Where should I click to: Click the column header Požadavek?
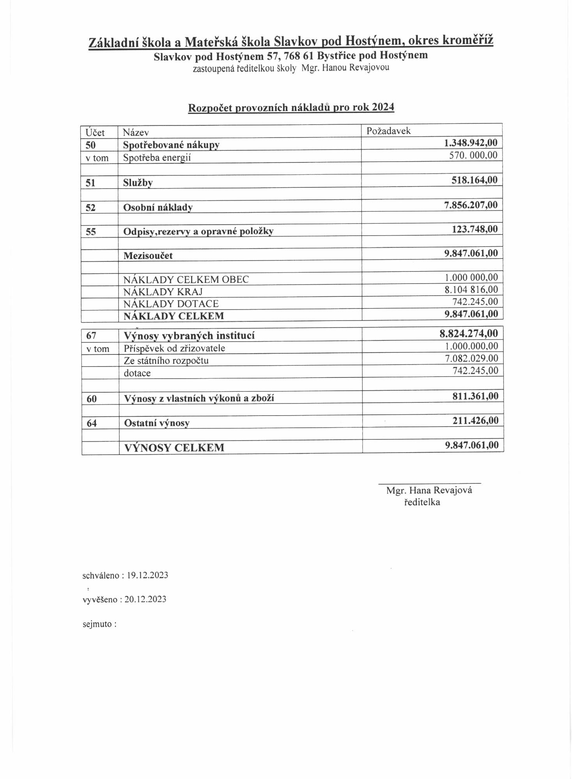pyautogui.click(x=388, y=131)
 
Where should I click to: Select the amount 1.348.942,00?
pyautogui.click(x=471, y=143)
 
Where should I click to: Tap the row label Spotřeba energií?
pyautogui.click(x=157, y=158)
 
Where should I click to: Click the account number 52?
pyautogui.click(x=90, y=207)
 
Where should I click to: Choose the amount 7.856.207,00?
pyautogui.click(x=471, y=205)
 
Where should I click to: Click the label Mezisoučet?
pyautogui.click(x=148, y=256)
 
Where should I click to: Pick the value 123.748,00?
pyautogui.click(x=475, y=229)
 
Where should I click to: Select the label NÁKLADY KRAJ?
pyautogui.click(x=163, y=291)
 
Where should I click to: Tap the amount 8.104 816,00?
pyautogui.click(x=471, y=289)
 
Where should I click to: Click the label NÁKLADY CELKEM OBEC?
pyautogui.click(x=186, y=279)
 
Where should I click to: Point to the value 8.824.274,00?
pyautogui.click(x=468, y=333)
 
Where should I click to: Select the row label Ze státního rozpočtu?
pyautogui.click(x=166, y=361)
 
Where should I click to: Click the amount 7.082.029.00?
pyautogui.click(x=471, y=358)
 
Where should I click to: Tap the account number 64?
pyautogui.click(x=92, y=423)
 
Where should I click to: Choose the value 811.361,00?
pyautogui.click(x=475, y=396)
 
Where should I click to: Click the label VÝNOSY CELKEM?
pyautogui.click(x=174, y=448)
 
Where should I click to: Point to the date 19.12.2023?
pyautogui.click(x=147, y=575)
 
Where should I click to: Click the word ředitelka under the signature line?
pyautogui.click(x=422, y=502)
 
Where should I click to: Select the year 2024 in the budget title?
pyautogui.click(x=383, y=107)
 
